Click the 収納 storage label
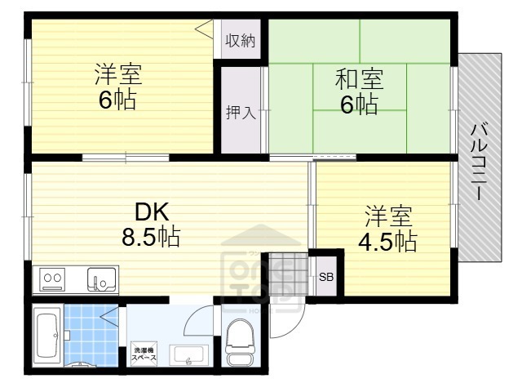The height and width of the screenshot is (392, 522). point(241,40)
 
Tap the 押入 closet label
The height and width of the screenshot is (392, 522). point(241,112)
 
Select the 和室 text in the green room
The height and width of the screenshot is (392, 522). point(359,81)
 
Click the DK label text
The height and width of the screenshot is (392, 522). point(152,212)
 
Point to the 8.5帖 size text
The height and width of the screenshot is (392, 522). point(152,238)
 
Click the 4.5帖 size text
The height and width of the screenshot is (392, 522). point(389,242)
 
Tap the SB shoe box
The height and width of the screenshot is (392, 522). point(326,277)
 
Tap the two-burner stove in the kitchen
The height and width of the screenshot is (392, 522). point(53,279)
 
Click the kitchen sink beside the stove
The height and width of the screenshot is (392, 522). point(102,279)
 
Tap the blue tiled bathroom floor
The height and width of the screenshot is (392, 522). point(92,331)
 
